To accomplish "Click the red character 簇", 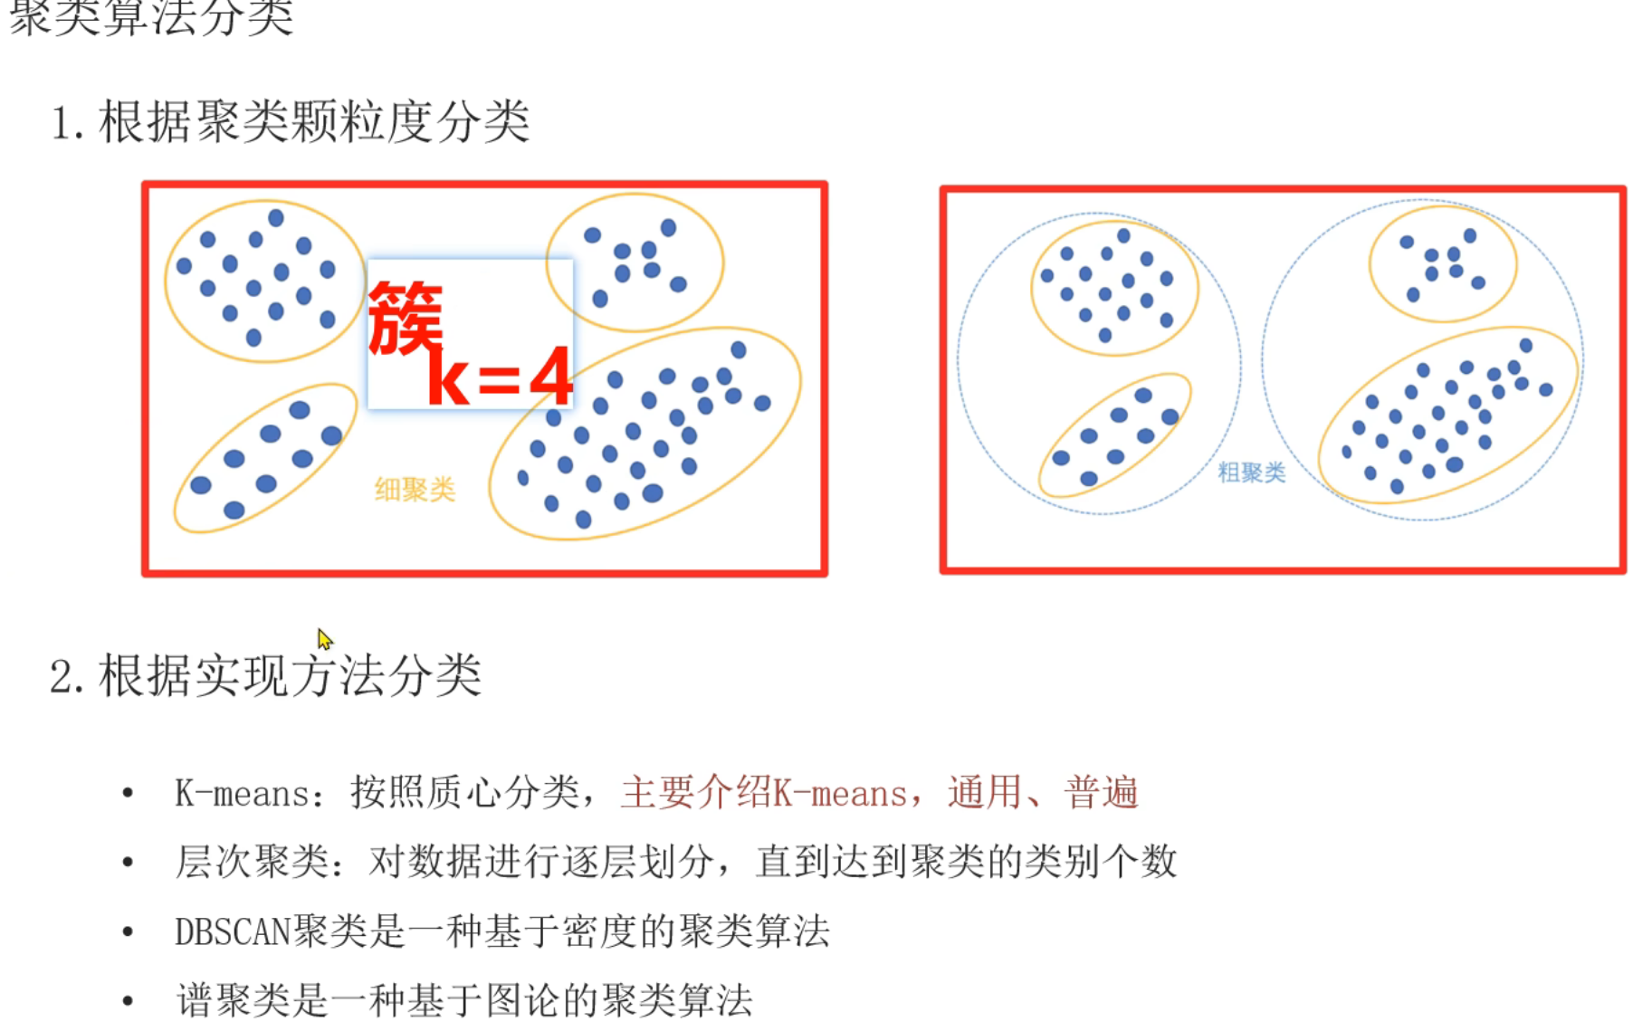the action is (406, 318).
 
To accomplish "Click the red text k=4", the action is (500, 377).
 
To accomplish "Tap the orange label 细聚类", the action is (415, 490).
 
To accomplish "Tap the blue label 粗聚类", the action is (1251, 472).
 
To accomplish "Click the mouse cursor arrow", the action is (324, 638).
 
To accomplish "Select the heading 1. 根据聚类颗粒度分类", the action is (291, 122).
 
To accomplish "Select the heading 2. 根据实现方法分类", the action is (265, 676).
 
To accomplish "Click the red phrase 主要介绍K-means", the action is (764, 793).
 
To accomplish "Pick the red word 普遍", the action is (1101, 793).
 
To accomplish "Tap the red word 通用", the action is (985, 793).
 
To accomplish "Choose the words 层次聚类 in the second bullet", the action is (252, 862).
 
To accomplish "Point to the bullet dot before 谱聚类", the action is (128, 1000).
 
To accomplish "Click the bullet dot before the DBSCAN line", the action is (128, 931).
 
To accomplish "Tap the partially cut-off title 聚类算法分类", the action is (151, 16).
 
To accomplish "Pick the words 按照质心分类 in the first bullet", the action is (464, 793).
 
